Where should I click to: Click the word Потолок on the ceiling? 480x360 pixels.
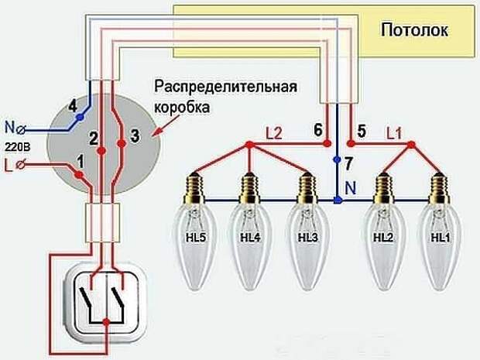[x=414, y=30]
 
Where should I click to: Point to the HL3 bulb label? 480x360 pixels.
[x=308, y=238]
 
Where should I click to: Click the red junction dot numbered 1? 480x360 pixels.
[x=80, y=174]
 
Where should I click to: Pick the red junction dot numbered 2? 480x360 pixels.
[x=101, y=151]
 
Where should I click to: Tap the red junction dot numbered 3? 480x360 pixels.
[x=122, y=143]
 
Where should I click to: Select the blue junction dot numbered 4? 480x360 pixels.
[x=80, y=117]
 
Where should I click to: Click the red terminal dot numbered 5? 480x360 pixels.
[x=351, y=143]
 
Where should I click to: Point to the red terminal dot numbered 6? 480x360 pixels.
[x=327, y=142]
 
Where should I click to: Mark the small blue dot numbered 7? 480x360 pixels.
[x=337, y=159]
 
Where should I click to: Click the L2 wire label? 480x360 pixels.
[x=273, y=134]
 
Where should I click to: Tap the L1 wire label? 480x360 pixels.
[x=394, y=134]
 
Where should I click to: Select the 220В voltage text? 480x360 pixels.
[x=18, y=147]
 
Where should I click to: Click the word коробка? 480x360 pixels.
[x=182, y=108]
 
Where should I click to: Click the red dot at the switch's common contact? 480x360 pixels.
[x=106, y=322]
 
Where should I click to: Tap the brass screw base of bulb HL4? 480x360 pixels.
[x=251, y=187]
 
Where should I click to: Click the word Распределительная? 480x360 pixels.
[x=225, y=87]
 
